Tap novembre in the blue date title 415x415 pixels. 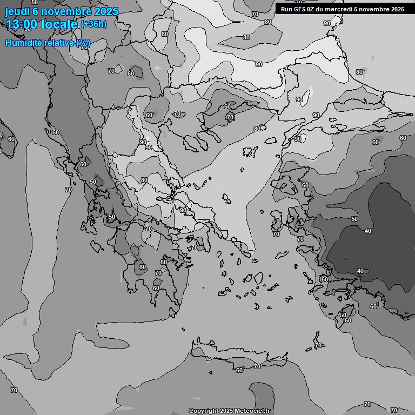click(x=66, y=12)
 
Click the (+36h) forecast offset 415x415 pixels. click(x=93, y=24)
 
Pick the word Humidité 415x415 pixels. click(x=23, y=43)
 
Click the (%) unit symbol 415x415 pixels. click(x=83, y=43)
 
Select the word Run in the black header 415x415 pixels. click(x=286, y=9)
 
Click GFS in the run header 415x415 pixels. click(x=300, y=9)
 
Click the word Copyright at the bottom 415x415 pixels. click(x=203, y=411)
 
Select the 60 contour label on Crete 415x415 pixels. click(x=239, y=370)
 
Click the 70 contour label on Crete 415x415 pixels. click(x=257, y=367)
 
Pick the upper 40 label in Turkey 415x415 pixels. click(x=368, y=231)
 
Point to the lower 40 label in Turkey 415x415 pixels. click(x=360, y=271)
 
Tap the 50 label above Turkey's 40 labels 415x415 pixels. click(x=354, y=219)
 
